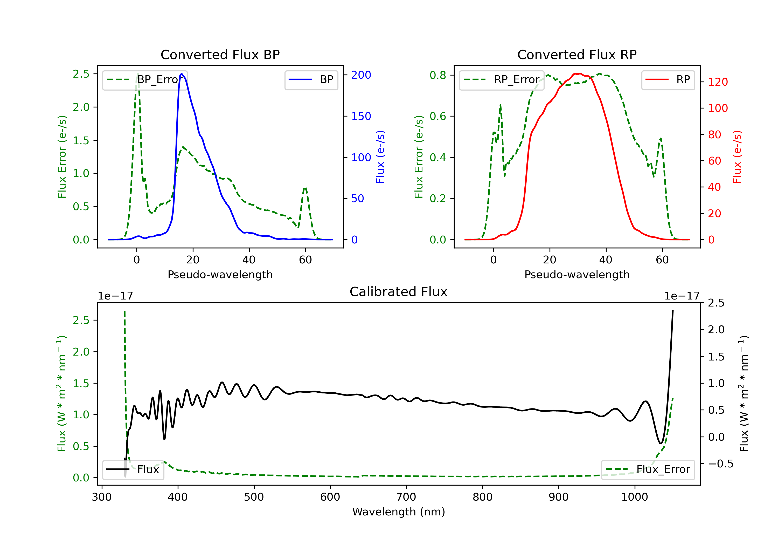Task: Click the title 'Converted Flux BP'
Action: point(220,55)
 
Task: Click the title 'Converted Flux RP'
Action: point(577,55)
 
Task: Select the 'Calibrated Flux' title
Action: point(399,292)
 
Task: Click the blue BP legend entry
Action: point(311,80)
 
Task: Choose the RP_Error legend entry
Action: point(502,80)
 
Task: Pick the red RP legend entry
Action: point(668,80)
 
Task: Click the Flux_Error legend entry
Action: point(648,469)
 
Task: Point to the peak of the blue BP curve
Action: point(182,74)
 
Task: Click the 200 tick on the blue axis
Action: point(361,75)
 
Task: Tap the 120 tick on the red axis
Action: point(718,82)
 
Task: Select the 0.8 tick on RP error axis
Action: point(438,75)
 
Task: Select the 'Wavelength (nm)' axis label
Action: point(399,512)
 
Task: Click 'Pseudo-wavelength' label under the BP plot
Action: point(220,274)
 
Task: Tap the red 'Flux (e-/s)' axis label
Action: point(737,157)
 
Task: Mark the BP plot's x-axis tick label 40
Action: point(249,260)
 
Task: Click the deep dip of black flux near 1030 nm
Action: point(661,443)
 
